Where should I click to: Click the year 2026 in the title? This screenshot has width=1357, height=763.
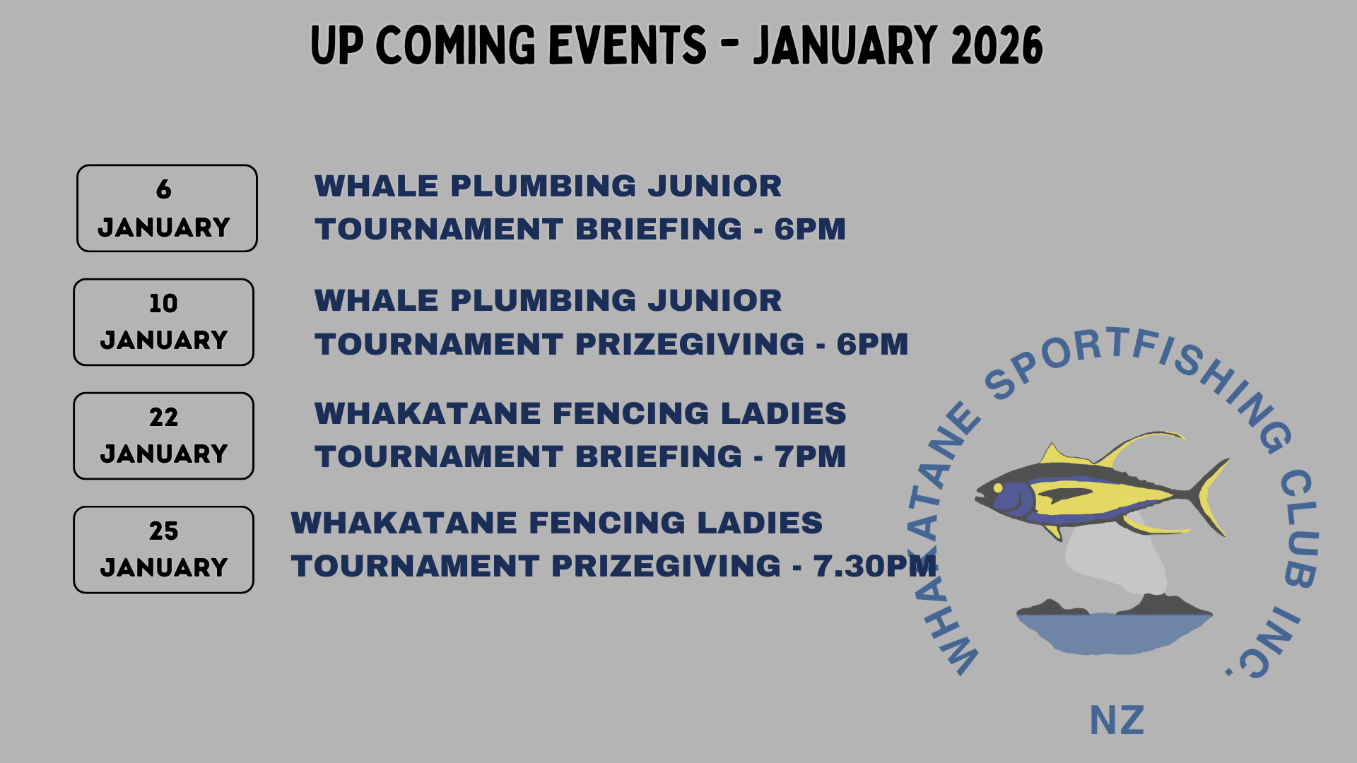pos(997,46)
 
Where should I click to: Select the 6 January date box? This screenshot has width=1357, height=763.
pos(167,208)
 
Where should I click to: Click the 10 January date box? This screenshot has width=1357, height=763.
pos(163,322)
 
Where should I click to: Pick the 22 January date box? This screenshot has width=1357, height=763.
pos(163,436)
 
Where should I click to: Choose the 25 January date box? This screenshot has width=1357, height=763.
pos(163,550)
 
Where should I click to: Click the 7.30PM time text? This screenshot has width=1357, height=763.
pos(875,566)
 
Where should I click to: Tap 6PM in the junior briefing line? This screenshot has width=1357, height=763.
pos(810,229)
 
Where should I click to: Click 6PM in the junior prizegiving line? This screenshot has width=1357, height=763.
pos(872,344)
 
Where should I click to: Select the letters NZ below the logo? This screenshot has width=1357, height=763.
pos(1117,721)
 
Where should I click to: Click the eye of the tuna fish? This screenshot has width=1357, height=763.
pos(998,487)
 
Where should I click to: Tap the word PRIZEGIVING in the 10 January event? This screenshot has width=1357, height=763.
pos(690,344)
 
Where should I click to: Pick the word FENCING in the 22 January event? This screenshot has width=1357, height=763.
pos(630,413)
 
